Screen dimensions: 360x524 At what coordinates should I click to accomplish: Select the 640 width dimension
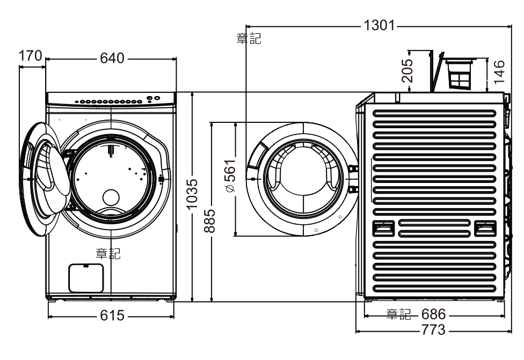click(x=112, y=58)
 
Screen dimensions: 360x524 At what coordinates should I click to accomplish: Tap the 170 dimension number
click(x=30, y=55)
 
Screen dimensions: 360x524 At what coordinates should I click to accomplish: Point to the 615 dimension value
click(x=112, y=316)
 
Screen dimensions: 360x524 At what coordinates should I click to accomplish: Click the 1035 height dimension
click(x=193, y=195)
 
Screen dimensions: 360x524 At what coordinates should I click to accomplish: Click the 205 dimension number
click(x=407, y=70)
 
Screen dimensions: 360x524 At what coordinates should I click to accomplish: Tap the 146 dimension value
click(x=499, y=71)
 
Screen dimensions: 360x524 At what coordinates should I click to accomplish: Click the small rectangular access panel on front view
click(x=86, y=277)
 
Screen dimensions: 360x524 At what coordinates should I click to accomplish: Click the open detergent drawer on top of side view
click(x=460, y=74)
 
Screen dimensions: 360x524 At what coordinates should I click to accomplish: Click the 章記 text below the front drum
click(x=108, y=254)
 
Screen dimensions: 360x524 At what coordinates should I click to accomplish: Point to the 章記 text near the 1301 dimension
click(x=249, y=39)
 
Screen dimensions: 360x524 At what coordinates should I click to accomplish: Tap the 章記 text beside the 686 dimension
click(x=398, y=313)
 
